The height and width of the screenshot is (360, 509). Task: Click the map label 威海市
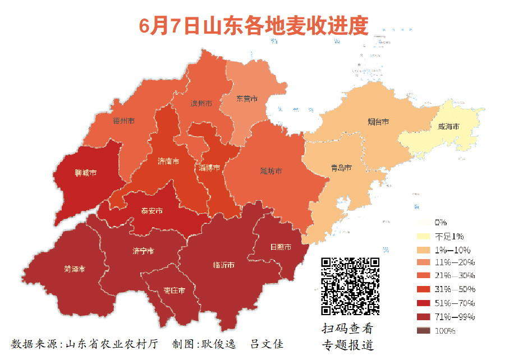pyautogui.click(x=448, y=127)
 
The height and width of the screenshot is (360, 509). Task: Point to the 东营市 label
pyautogui.click(x=246, y=99)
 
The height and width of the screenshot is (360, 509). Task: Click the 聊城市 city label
pyautogui.click(x=85, y=173)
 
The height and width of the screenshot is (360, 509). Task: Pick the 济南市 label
pyautogui.click(x=168, y=161)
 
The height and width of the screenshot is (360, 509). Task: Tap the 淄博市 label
pyautogui.click(x=209, y=167)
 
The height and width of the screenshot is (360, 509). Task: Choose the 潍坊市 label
pyautogui.click(x=271, y=170)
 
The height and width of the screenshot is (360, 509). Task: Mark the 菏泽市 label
pyautogui.click(x=75, y=269)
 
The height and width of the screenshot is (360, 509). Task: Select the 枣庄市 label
pyautogui.click(x=175, y=290)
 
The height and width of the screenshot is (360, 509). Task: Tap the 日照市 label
pyautogui.click(x=281, y=247)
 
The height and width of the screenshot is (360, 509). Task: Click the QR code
pyautogui.click(x=350, y=286)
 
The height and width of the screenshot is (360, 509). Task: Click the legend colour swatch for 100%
pyautogui.click(x=424, y=331)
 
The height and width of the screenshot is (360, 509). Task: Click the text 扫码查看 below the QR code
pyautogui.click(x=347, y=329)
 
